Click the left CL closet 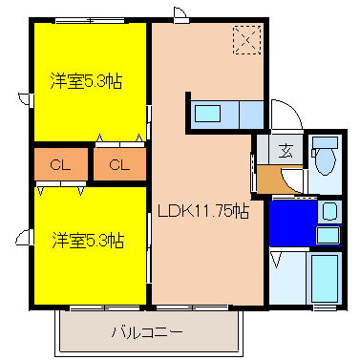pyautogui.click(x=59, y=165)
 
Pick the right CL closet pyautogui.click(x=118, y=165)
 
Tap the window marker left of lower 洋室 pyautogui.click(x=23, y=232)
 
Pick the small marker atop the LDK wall pyautogui.click(x=179, y=13)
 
